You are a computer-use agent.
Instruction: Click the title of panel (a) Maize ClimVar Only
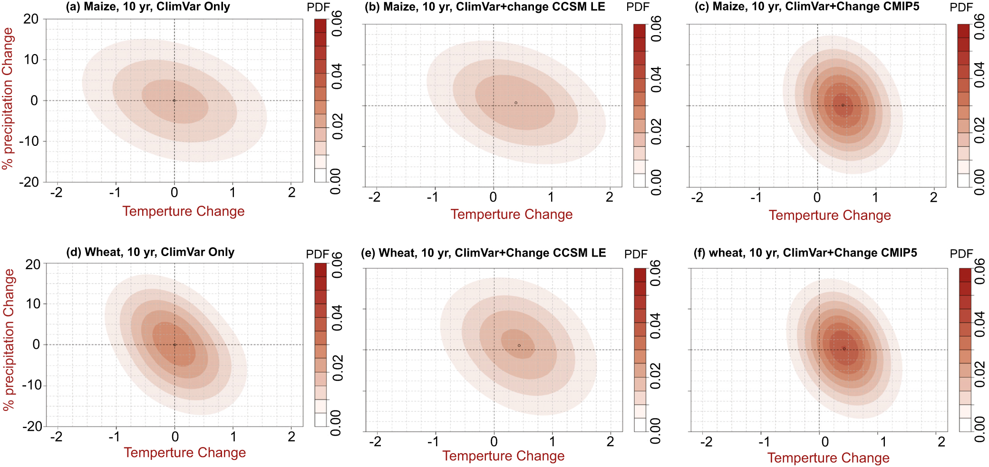coord(148,7)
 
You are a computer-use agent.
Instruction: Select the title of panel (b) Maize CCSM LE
coord(485,7)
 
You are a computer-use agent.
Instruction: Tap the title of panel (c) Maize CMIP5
coord(807,7)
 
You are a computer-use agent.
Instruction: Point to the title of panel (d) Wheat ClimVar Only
coord(150,252)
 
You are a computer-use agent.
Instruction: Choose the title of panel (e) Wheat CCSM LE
coord(483,253)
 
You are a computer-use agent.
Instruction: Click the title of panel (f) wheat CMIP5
coord(805,253)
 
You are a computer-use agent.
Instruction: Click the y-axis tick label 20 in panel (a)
coord(31,19)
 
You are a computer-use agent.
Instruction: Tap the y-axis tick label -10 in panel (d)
coord(32,385)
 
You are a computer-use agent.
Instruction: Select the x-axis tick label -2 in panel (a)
coord(56,192)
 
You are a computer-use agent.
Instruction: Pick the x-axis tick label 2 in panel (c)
coord(933,197)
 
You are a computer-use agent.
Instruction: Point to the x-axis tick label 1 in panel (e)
coord(552,442)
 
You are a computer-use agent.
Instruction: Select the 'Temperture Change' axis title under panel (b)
coord(512,215)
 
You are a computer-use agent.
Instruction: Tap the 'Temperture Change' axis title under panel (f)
coord(828,458)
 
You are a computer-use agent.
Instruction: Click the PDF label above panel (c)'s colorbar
coord(961,8)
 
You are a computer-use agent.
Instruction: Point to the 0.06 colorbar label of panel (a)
coord(337,24)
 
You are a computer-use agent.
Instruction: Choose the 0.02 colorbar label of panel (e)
coord(656,376)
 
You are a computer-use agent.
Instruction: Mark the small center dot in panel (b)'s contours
coord(516,103)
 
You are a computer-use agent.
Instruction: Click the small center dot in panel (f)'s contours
coord(844,349)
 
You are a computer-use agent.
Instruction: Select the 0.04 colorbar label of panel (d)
coord(337,318)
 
